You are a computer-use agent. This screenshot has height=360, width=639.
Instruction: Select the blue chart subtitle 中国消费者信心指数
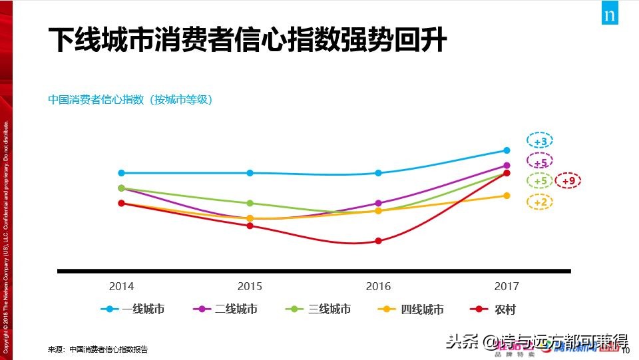pyautogui.click(x=130, y=100)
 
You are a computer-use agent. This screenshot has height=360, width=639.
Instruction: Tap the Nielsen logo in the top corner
pyautogui.click(x=609, y=15)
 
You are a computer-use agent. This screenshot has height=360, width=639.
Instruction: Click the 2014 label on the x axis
pyautogui.click(x=121, y=287)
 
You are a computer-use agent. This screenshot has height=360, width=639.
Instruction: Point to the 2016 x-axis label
pyautogui.click(x=378, y=287)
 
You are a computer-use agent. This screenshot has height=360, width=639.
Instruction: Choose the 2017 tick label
pyautogui.click(x=507, y=287)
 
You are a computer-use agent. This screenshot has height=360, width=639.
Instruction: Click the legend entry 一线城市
pyautogui.click(x=133, y=309)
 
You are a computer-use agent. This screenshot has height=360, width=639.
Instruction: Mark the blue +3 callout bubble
pyautogui.click(x=540, y=142)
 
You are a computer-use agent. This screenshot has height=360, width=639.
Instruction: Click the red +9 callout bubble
pyautogui.click(x=568, y=181)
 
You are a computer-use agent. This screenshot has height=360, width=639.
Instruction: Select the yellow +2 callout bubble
pyautogui.click(x=540, y=202)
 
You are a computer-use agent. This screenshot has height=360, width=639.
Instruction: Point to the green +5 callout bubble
pyautogui.click(x=540, y=181)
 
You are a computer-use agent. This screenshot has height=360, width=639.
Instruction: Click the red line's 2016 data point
pyautogui.click(x=378, y=241)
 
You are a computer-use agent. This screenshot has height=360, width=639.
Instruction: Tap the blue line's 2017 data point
pyautogui.click(x=507, y=150)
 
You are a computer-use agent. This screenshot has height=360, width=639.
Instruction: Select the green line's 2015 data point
pyautogui.click(x=250, y=203)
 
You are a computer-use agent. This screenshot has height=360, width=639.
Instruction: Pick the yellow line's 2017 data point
pyautogui.click(x=507, y=196)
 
